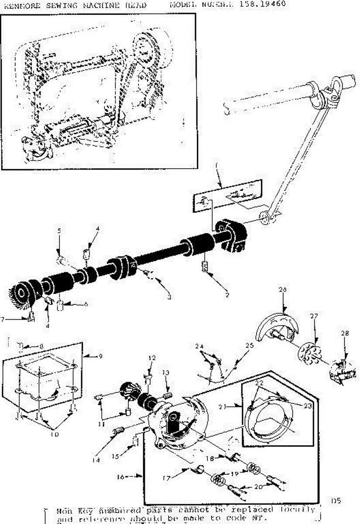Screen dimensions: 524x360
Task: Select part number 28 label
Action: (345, 333)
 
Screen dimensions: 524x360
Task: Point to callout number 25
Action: (249, 345)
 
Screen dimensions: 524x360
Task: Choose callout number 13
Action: (165, 372)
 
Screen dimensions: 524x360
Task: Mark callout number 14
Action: (97, 459)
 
